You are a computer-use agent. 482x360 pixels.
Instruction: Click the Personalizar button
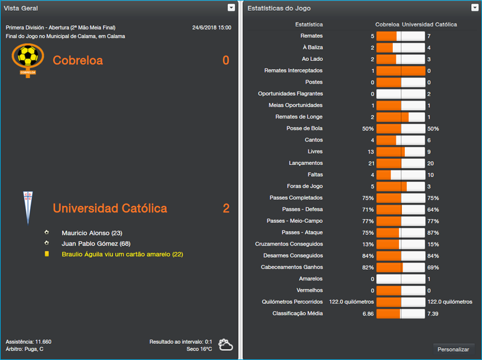pyautogui.click(x=453, y=349)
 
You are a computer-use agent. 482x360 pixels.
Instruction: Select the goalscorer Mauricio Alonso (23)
pyautogui.click(x=92, y=233)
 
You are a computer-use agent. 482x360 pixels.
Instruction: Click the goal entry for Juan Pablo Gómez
pyautogui.click(x=96, y=244)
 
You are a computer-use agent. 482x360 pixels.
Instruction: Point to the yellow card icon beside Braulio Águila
pyautogui.click(x=46, y=255)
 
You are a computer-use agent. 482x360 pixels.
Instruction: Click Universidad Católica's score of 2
pyautogui.click(x=226, y=209)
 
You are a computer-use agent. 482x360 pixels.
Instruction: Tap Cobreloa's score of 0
pyautogui.click(x=226, y=61)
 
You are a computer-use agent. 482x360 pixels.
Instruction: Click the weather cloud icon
pyautogui.click(x=226, y=344)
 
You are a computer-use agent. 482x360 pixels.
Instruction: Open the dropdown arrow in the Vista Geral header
pyautogui.click(x=231, y=8)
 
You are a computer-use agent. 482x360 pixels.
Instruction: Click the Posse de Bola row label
pyautogui.click(x=304, y=129)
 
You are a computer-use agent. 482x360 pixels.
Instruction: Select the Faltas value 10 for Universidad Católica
pyautogui.click(x=430, y=175)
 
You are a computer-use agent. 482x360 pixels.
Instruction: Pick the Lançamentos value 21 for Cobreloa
pyautogui.click(x=371, y=163)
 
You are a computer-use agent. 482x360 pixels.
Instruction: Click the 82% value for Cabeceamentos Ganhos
pyautogui.click(x=368, y=267)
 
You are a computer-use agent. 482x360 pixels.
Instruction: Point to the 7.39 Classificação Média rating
pyautogui.click(x=432, y=314)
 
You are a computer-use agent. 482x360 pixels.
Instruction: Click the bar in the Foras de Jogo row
pyautogui.click(x=401, y=187)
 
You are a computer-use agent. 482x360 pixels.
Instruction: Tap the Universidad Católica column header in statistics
pyautogui.click(x=429, y=25)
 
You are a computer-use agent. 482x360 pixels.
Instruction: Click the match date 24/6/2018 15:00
pyautogui.click(x=211, y=28)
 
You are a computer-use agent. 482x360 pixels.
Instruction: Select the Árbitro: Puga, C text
pyautogui.click(x=25, y=349)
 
